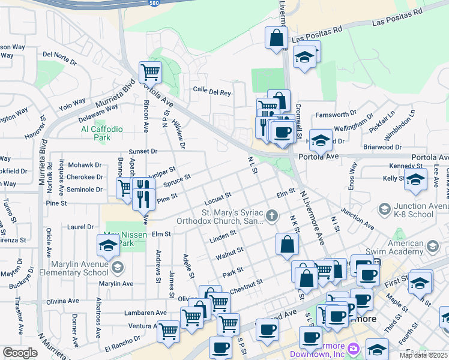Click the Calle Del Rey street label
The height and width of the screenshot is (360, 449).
pyautogui.click(x=212, y=92)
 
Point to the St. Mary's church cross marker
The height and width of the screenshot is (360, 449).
pyautogui.click(x=272, y=215)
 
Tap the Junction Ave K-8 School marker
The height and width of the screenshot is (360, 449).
pyautogui.click(x=385, y=209)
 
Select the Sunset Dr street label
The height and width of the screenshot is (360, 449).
pyautogui.click(x=143, y=152)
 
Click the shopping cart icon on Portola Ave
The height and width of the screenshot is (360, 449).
pyautogui.click(x=150, y=73)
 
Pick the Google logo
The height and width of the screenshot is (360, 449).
pyautogui.click(x=20, y=352)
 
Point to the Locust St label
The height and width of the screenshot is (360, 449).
pyautogui.click(x=217, y=196)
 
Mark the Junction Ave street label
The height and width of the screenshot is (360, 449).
pyautogui.click(x=357, y=219)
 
